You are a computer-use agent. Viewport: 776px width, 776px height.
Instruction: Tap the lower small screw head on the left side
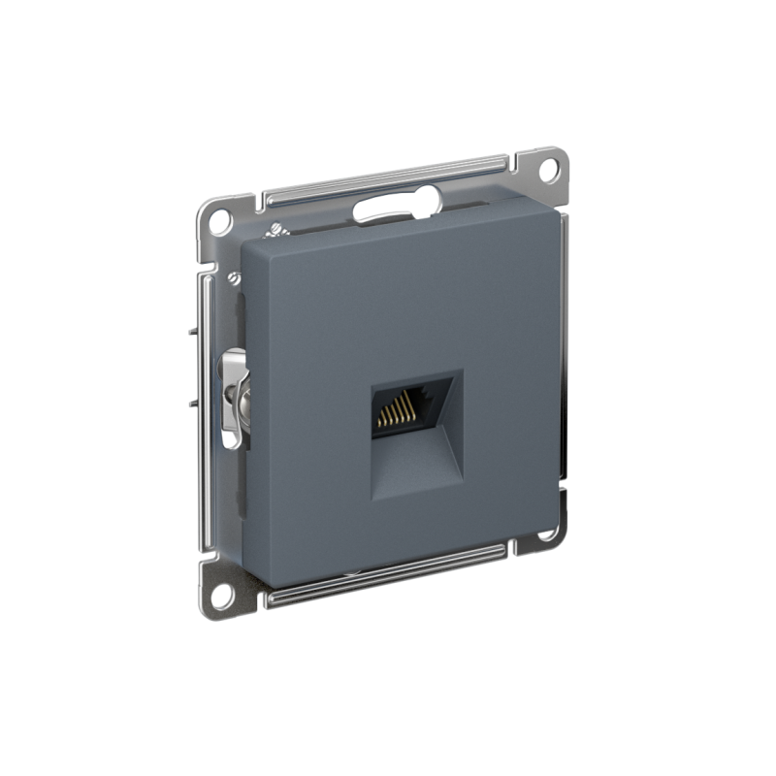pos(233,278)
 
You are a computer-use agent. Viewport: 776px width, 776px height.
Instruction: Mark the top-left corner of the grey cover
pos(244,243)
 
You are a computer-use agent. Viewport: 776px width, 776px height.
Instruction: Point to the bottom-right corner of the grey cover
pos(556,514)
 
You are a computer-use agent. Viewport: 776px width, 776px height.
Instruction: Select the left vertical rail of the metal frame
pos(206,388)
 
